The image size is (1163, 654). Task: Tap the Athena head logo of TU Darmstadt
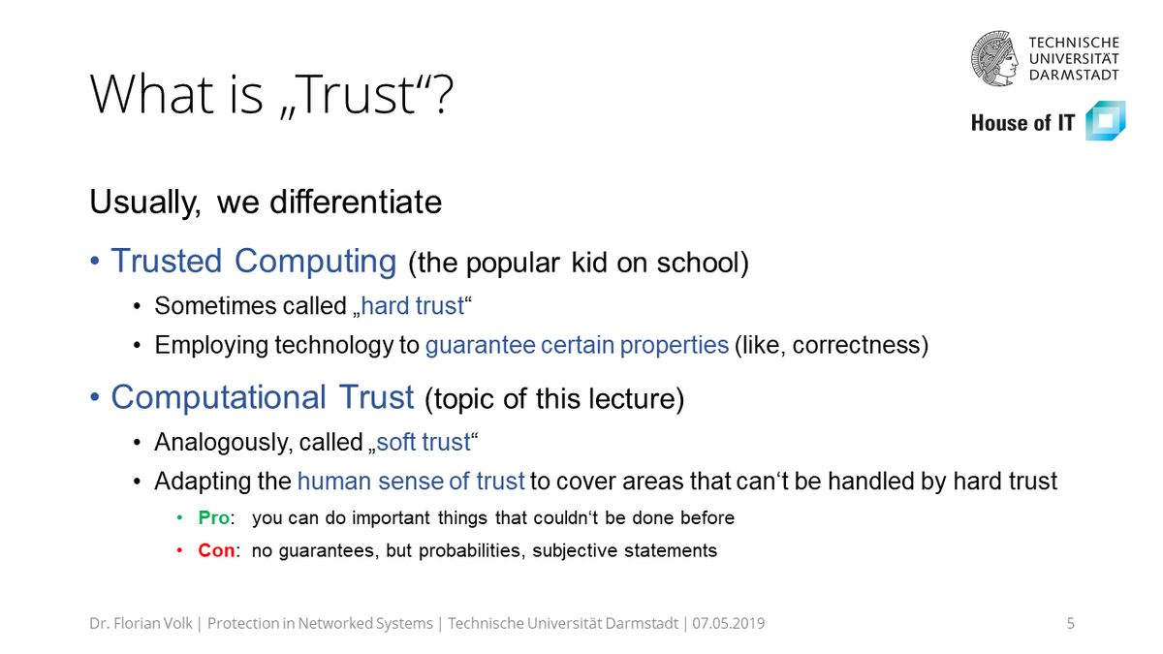point(996,58)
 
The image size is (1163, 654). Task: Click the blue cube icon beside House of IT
point(1105,122)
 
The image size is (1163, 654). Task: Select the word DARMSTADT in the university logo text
point(1074,75)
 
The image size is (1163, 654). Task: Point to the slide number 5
point(1071,624)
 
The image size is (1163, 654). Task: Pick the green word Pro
point(213,518)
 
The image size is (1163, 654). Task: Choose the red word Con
point(216,551)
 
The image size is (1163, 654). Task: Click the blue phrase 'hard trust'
point(413,307)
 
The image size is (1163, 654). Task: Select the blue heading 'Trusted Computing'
point(253,262)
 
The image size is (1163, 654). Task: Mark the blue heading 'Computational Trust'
point(263,398)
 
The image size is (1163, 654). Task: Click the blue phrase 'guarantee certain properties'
point(577,346)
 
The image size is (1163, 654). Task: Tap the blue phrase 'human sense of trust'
point(411,482)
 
